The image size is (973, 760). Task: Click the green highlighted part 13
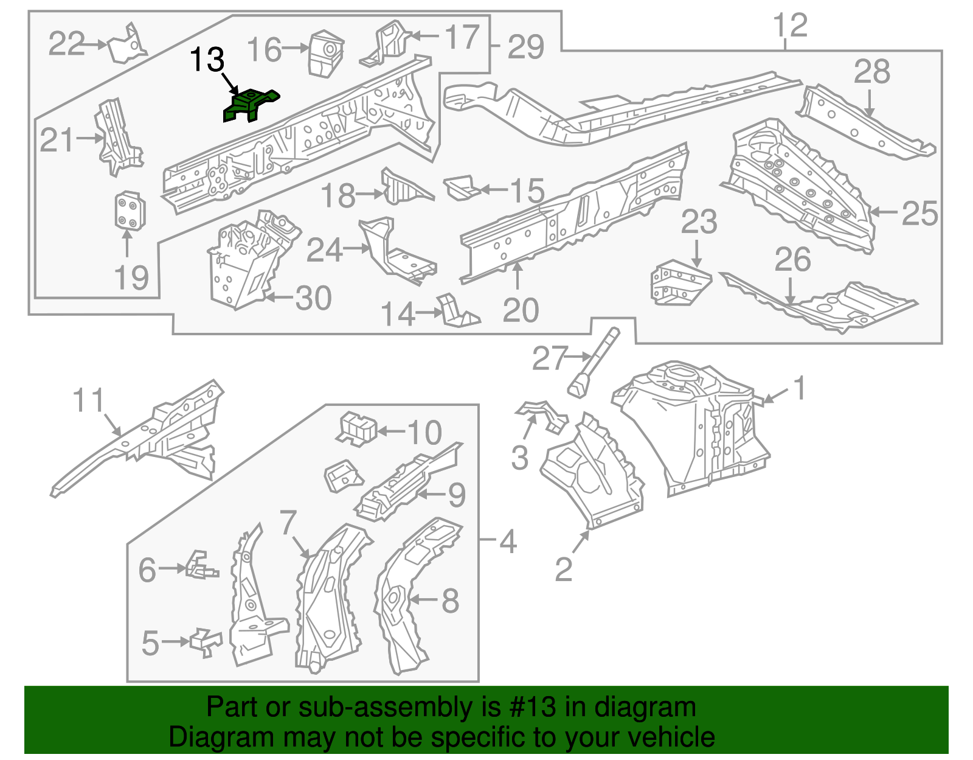point(249,105)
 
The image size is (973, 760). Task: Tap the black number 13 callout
point(207,60)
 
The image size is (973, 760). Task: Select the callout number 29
point(525,47)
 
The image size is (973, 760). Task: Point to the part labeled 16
point(325,53)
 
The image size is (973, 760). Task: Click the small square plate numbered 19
point(129,211)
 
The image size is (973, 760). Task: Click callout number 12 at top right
point(790,26)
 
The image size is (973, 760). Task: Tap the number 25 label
point(919,214)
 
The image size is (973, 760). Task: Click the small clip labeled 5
point(206,643)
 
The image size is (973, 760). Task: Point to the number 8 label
point(450,601)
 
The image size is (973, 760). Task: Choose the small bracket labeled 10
point(356,428)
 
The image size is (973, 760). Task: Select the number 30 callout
point(314,298)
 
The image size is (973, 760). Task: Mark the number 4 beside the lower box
point(508,541)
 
